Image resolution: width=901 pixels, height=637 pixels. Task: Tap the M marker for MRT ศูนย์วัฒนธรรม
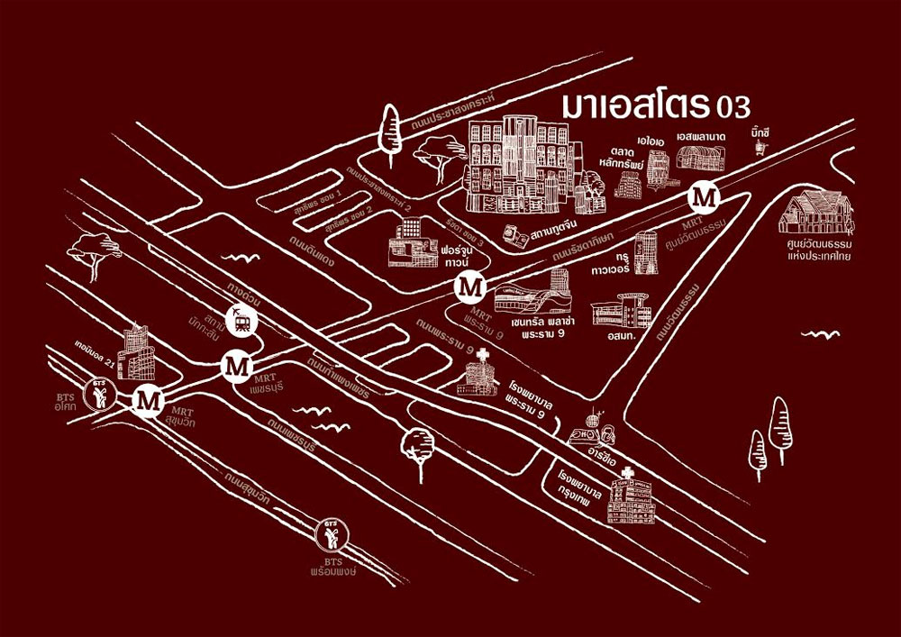click(x=703, y=196)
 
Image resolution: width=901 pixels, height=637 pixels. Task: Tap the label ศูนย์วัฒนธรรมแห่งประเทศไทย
click(x=818, y=249)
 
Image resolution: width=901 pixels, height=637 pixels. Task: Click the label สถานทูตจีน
click(x=555, y=232)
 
